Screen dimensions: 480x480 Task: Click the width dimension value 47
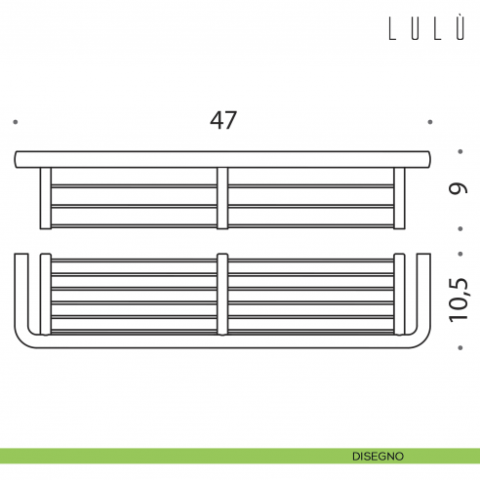pos(223,121)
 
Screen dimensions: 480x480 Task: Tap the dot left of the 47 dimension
pos(16,122)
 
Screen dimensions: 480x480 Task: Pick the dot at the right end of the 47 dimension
pos(430,122)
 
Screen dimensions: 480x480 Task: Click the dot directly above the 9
pos(459,151)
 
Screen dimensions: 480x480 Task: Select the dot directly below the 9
pos(459,230)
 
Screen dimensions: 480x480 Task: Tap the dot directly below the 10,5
pos(459,345)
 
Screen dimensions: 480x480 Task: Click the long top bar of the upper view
pos(222,158)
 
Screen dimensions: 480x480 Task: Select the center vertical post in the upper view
pos(222,198)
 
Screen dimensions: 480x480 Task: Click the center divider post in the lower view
pos(222,294)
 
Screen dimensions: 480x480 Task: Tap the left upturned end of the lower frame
pos(20,293)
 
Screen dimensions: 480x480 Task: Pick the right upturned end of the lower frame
pos(424,293)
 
